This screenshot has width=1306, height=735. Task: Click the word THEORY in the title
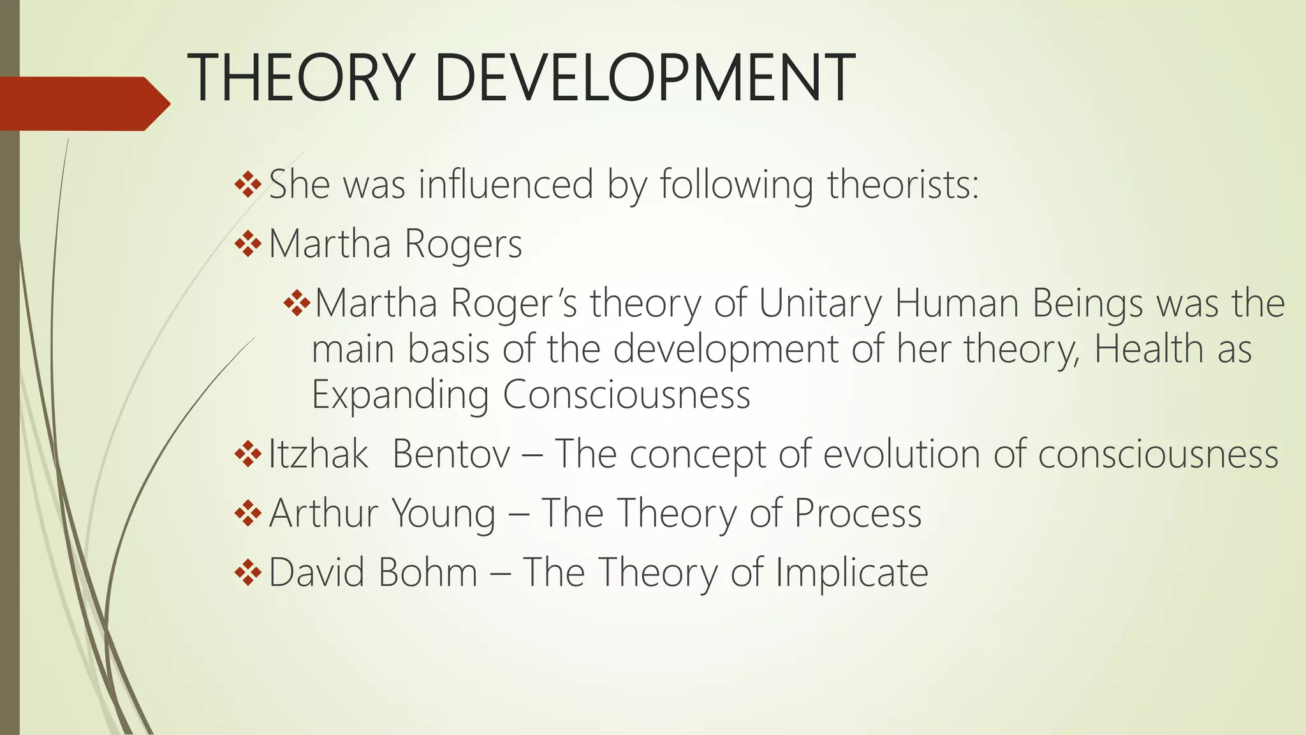click(300, 78)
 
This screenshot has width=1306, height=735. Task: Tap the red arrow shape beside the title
click(83, 103)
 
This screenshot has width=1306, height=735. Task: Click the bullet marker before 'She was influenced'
click(248, 185)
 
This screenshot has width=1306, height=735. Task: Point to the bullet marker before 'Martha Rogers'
click(248, 244)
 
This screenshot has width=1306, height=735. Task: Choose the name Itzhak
click(318, 455)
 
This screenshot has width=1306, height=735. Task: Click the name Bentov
click(451, 455)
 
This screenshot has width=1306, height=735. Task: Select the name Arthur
click(324, 514)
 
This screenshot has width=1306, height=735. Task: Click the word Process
click(858, 514)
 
